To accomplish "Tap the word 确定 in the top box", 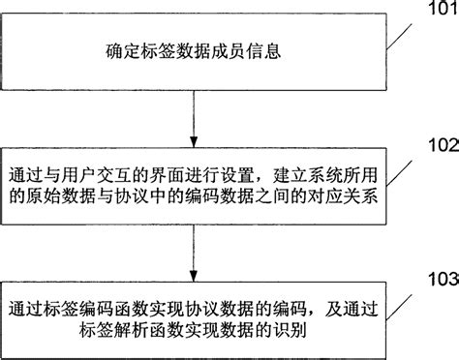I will [x=117, y=49].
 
